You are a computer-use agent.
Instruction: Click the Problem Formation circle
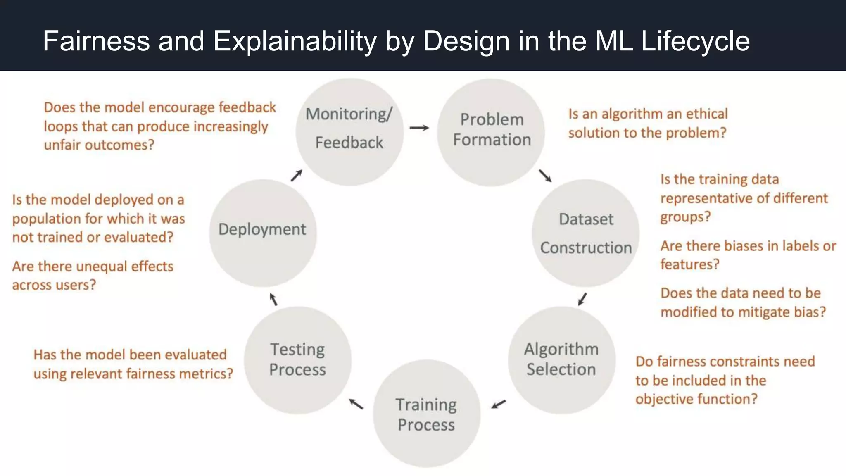click(x=491, y=132)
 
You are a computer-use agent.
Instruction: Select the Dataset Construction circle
click(x=585, y=233)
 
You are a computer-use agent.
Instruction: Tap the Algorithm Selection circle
click(x=561, y=359)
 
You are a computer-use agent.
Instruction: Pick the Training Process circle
click(x=426, y=414)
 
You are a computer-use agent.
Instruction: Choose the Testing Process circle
click(x=297, y=359)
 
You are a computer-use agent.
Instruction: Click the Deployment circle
click(x=263, y=233)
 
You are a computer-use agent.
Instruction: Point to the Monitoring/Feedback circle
click(x=349, y=131)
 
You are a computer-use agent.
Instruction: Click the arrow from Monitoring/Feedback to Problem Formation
click(x=419, y=128)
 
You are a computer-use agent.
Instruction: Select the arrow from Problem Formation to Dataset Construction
click(x=545, y=176)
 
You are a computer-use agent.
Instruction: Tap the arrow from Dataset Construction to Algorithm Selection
click(x=582, y=299)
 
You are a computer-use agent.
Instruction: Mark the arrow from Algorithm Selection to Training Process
click(x=499, y=404)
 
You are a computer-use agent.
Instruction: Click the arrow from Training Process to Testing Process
click(x=356, y=404)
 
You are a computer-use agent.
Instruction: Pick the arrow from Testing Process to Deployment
click(x=273, y=299)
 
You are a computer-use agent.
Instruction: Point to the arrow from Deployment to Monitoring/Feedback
click(x=296, y=176)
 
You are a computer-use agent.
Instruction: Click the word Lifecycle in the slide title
click(x=695, y=41)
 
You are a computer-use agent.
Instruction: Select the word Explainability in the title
click(x=295, y=41)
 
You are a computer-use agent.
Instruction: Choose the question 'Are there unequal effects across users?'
click(x=93, y=276)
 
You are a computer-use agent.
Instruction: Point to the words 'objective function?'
click(x=696, y=399)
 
